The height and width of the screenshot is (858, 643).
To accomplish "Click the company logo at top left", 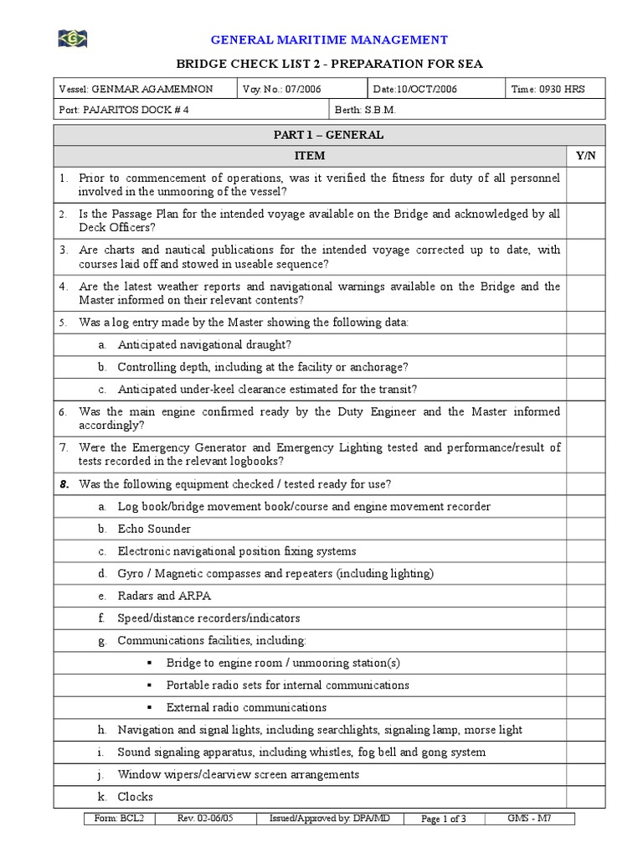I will pos(73,39).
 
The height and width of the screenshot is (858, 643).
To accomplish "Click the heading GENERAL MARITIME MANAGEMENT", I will pos(328,39).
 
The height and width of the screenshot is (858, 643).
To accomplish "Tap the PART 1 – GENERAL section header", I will pos(328,135).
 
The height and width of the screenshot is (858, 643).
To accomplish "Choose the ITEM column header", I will pos(309,156).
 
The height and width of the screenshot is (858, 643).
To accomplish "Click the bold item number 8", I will pos(64,484).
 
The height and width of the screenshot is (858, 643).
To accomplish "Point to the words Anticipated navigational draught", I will pos(204,344).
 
